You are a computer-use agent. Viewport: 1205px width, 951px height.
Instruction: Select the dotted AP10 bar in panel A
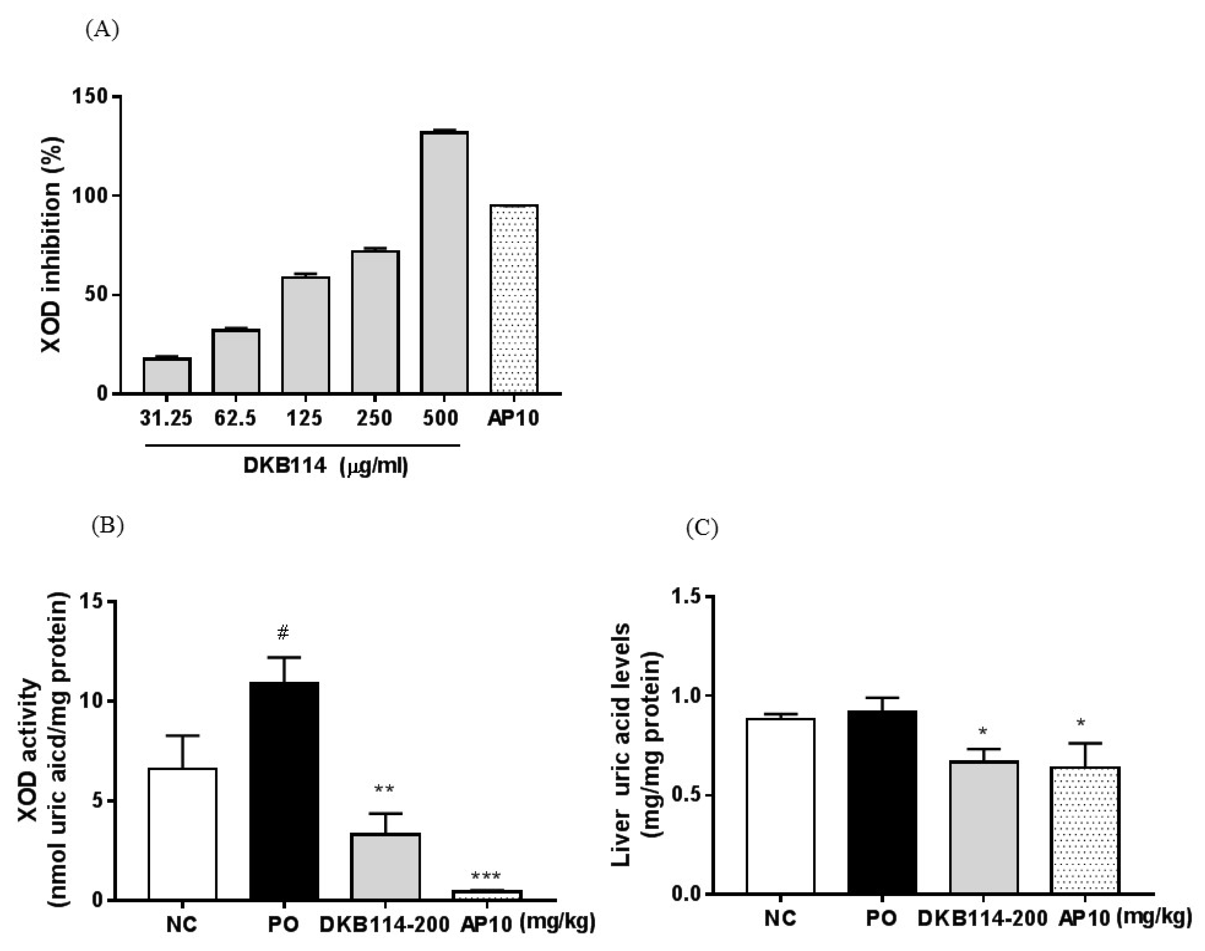pos(513,299)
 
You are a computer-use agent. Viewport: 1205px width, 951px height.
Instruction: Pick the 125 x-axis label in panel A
pos(305,418)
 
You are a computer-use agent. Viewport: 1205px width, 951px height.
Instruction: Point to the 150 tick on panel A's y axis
pos(90,96)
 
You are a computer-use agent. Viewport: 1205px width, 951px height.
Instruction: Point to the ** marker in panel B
pos(384,789)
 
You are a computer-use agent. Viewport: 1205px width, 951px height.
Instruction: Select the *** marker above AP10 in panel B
pos(485,876)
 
